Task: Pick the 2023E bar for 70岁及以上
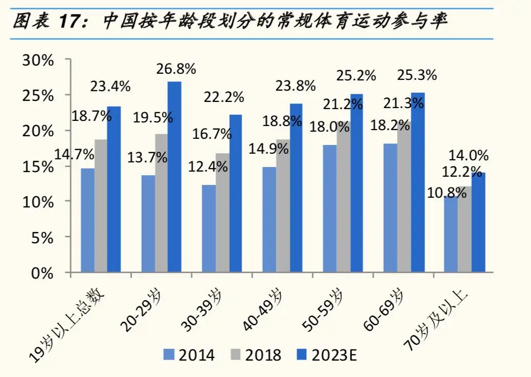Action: click(478, 222)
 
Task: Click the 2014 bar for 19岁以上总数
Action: click(87, 220)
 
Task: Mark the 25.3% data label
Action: click(417, 75)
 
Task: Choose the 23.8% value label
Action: click(296, 86)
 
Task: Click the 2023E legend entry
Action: click(330, 354)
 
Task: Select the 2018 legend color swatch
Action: click(237, 354)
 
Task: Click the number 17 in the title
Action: click(70, 22)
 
